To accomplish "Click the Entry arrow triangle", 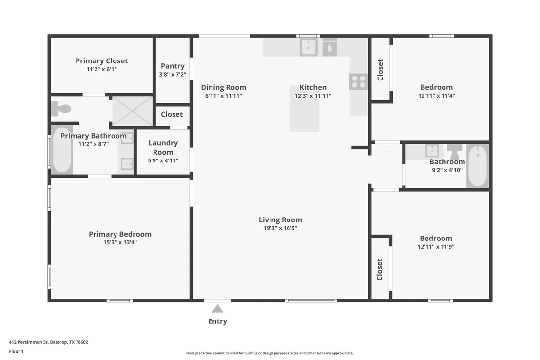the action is pos(217,308).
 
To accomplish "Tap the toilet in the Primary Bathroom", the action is pos(61,109).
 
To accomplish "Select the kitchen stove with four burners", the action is pos(358,82).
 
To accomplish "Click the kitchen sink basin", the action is pos(309,46).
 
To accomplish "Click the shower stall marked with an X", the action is pos(132,111).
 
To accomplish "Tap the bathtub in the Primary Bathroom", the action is pos(62,150).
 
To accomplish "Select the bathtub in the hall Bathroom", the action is pos(478,166).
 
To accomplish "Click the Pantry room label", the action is pos(173,66).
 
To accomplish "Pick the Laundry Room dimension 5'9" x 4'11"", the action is pos(163,160).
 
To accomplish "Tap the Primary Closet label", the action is pos(101,60).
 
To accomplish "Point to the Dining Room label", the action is pos(224,87).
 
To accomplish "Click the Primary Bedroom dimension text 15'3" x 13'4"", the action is pos(120,242).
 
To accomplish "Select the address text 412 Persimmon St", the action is pos(28,342).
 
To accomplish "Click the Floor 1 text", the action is pos(16,351).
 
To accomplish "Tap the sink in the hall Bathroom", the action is pos(432,151).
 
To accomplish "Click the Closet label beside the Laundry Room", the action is pos(172,114).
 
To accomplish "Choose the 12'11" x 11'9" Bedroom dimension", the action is pos(436,246).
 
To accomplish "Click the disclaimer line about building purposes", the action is pos(270,353).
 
